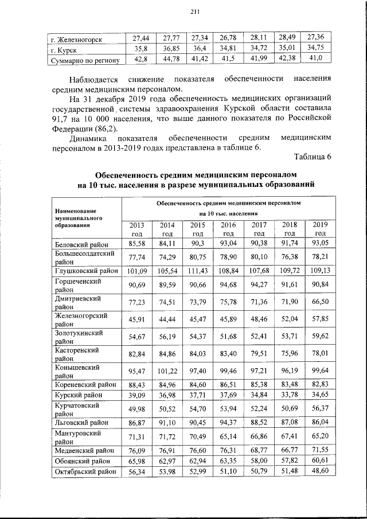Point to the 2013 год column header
[137, 229]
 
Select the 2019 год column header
[320, 229]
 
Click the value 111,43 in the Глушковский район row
[198, 270]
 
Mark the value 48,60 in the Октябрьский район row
[320, 471]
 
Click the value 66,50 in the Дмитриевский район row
[320, 301]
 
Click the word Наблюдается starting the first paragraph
[95, 77]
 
